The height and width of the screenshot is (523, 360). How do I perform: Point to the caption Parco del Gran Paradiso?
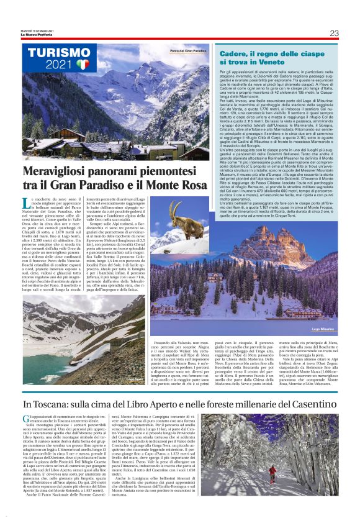click(x=188, y=51)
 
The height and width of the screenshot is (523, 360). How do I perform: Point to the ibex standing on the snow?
click(x=180, y=221)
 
